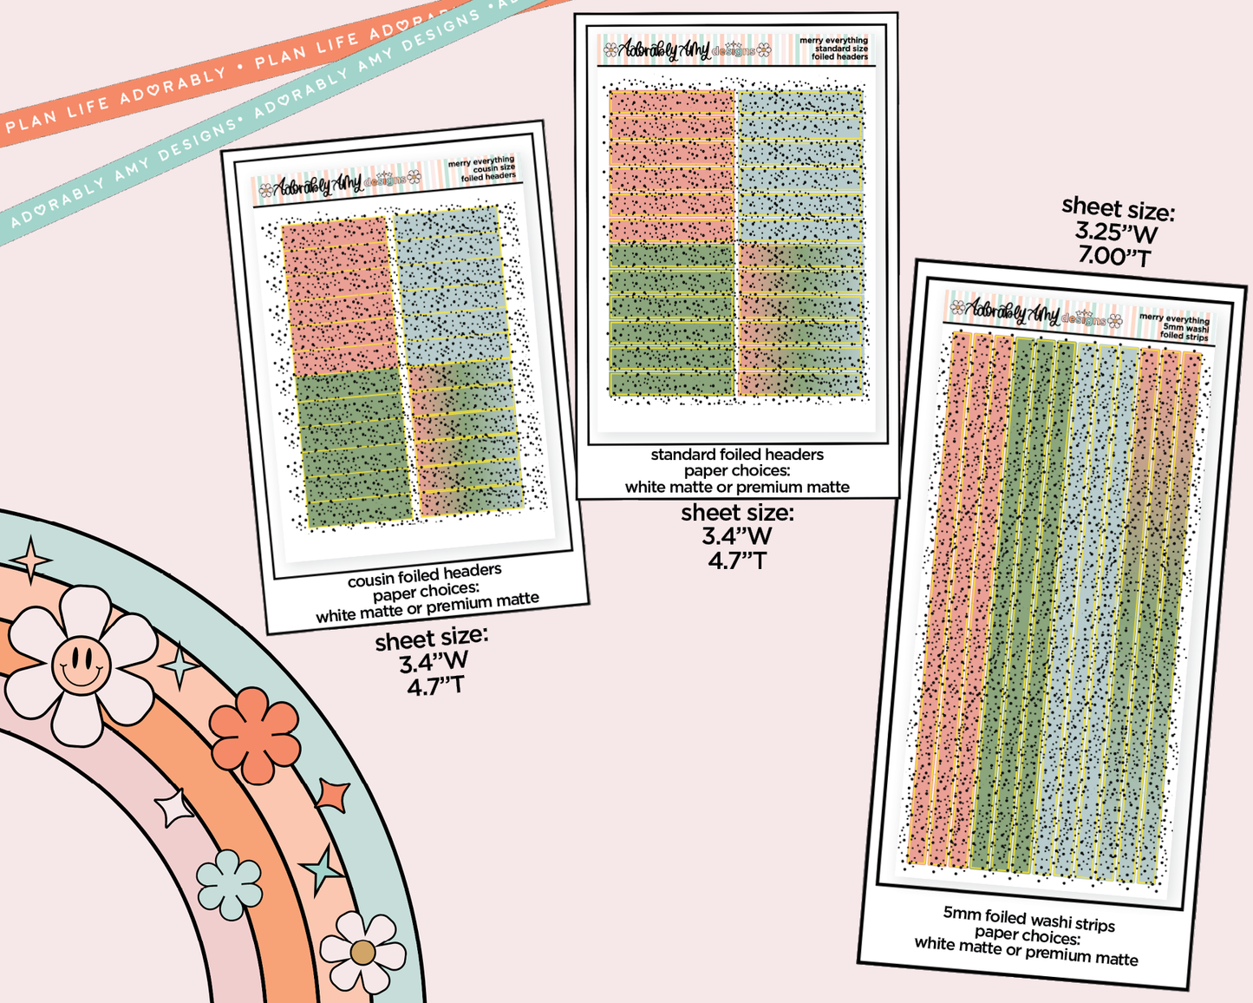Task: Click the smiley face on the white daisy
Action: pyautogui.click(x=81, y=665)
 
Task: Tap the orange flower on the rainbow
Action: pyautogui.click(x=254, y=735)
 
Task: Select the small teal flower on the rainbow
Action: pyautogui.click(x=229, y=884)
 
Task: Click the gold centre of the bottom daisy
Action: pyautogui.click(x=362, y=953)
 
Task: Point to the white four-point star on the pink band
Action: pyautogui.click(x=175, y=808)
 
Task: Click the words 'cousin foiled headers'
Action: pyautogui.click(x=425, y=575)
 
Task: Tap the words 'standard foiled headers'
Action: pyautogui.click(x=737, y=455)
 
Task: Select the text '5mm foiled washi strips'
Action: pyautogui.click(x=1029, y=919)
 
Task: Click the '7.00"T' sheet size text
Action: pyautogui.click(x=1114, y=257)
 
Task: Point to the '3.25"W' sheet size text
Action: pyautogui.click(x=1116, y=232)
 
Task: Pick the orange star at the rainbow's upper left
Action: pyautogui.click(x=32, y=560)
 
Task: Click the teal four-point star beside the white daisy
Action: pyautogui.click(x=181, y=666)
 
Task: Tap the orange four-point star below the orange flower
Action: pyautogui.click(x=333, y=795)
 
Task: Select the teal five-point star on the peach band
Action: pyautogui.click(x=322, y=869)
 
